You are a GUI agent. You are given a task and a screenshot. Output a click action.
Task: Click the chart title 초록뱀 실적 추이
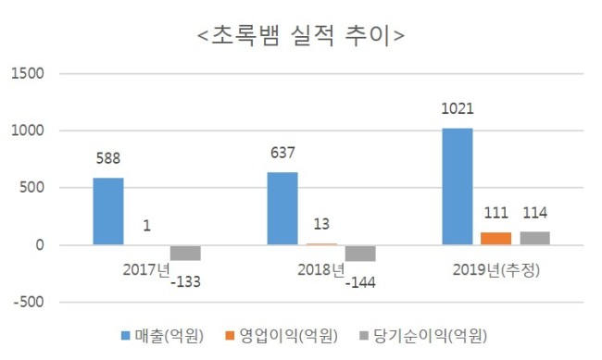click(301, 36)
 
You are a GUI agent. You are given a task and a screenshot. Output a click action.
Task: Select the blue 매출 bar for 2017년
click(108, 211)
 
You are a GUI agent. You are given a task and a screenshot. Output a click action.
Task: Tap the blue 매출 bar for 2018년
click(282, 208)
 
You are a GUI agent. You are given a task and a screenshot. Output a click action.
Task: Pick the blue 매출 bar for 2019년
click(458, 187)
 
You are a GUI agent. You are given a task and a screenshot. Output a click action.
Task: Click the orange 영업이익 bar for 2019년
click(496, 239)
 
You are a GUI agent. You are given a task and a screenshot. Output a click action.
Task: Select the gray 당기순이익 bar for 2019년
click(534, 238)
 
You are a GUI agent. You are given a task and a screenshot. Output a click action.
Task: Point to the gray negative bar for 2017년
click(185, 253)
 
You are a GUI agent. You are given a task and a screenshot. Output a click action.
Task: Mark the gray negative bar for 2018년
click(360, 254)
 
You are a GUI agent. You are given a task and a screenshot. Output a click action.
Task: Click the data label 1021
click(458, 109)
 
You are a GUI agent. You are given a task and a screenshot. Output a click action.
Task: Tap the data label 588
click(108, 158)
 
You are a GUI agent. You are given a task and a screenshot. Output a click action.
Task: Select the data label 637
click(282, 153)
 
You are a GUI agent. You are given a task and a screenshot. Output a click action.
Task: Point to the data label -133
click(185, 282)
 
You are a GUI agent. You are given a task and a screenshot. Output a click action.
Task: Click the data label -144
click(360, 283)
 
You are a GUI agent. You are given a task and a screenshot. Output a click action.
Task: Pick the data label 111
click(496, 213)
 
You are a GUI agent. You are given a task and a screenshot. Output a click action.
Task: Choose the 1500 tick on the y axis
click(27, 73)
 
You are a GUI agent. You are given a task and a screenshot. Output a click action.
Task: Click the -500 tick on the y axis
click(29, 302)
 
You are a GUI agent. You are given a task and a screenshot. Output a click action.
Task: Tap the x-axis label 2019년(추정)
click(496, 270)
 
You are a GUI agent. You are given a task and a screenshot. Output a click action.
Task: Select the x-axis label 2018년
click(321, 270)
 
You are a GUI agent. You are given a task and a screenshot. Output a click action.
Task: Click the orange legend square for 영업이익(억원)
click(230, 335)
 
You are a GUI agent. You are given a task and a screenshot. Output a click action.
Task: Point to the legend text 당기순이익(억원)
click(431, 336)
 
